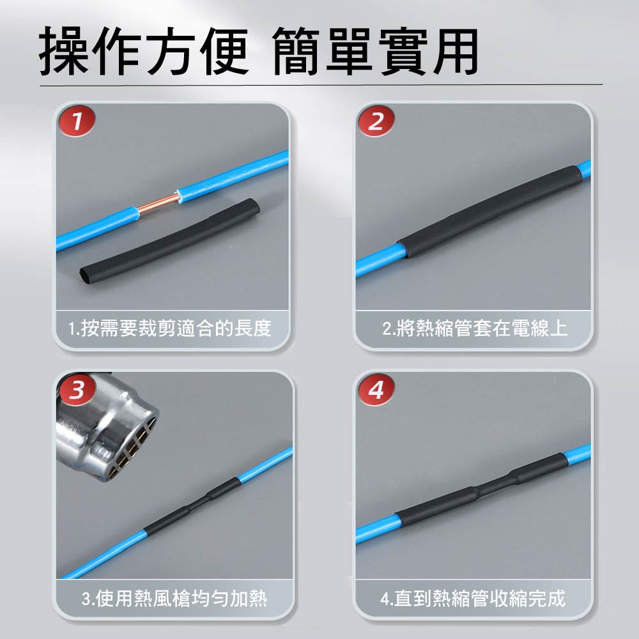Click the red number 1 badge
pyautogui.click(x=77, y=121)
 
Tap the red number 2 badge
pyautogui.click(x=376, y=121)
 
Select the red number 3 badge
pyautogui.click(x=77, y=390)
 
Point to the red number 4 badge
pyautogui.click(x=376, y=390)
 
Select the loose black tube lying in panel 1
pyautogui.click(x=169, y=242)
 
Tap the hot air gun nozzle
pyautogui.click(x=107, y=428)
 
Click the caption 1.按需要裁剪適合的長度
pyautogui.click(x=170, y=328)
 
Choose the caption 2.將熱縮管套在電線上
pyautogui.click(x=475, y=328)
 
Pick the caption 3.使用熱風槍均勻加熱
pyautogui.click(x=174, y=598)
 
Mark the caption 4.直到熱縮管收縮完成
pyautogui.click(x=473, y=598)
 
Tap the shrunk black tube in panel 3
pyautogui.click(x=192, y=507)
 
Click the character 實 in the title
pyautogui.click(x=403, y=51)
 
